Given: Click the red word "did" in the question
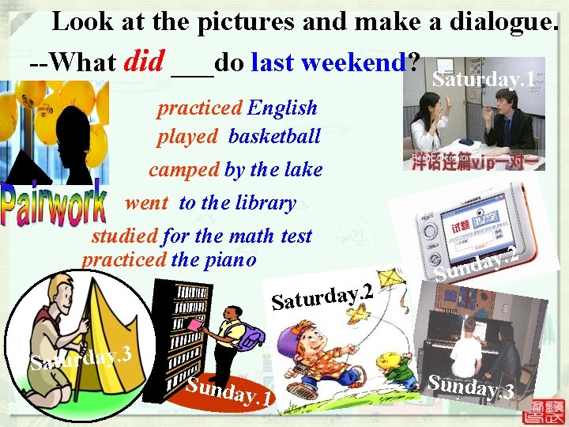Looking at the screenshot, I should (x=144, y=61).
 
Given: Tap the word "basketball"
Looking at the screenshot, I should (x=274, y=137).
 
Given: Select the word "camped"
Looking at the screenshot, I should (x=183, y=169).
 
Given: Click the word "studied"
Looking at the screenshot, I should (x=124, y=236).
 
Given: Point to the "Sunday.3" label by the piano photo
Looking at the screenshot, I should (x=472, y=387).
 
